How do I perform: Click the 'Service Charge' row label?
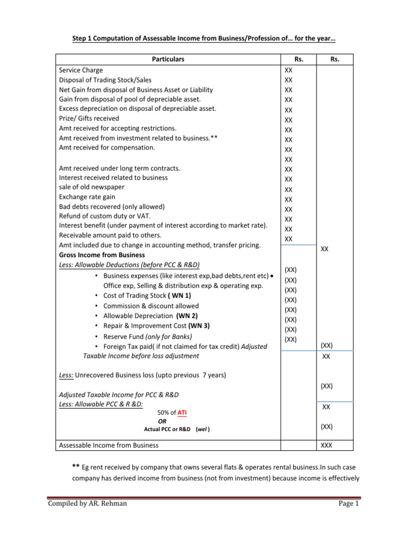(81, 70)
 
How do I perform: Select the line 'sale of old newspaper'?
(92, 187)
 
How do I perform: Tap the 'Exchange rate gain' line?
(87, 197)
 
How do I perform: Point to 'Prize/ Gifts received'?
(89, 118)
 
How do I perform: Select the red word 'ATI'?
(182, 412)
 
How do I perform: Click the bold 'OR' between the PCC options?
(162, 421)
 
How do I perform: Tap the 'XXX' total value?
(327, 445)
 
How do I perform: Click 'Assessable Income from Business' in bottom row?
(109, 445)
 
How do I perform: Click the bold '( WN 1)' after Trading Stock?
(180, 296)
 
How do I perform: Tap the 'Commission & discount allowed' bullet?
(151, 306)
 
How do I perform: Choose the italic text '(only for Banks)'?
(168, 336)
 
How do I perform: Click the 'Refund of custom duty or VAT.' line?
(105, 216)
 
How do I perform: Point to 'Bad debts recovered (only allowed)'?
(112, 206)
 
